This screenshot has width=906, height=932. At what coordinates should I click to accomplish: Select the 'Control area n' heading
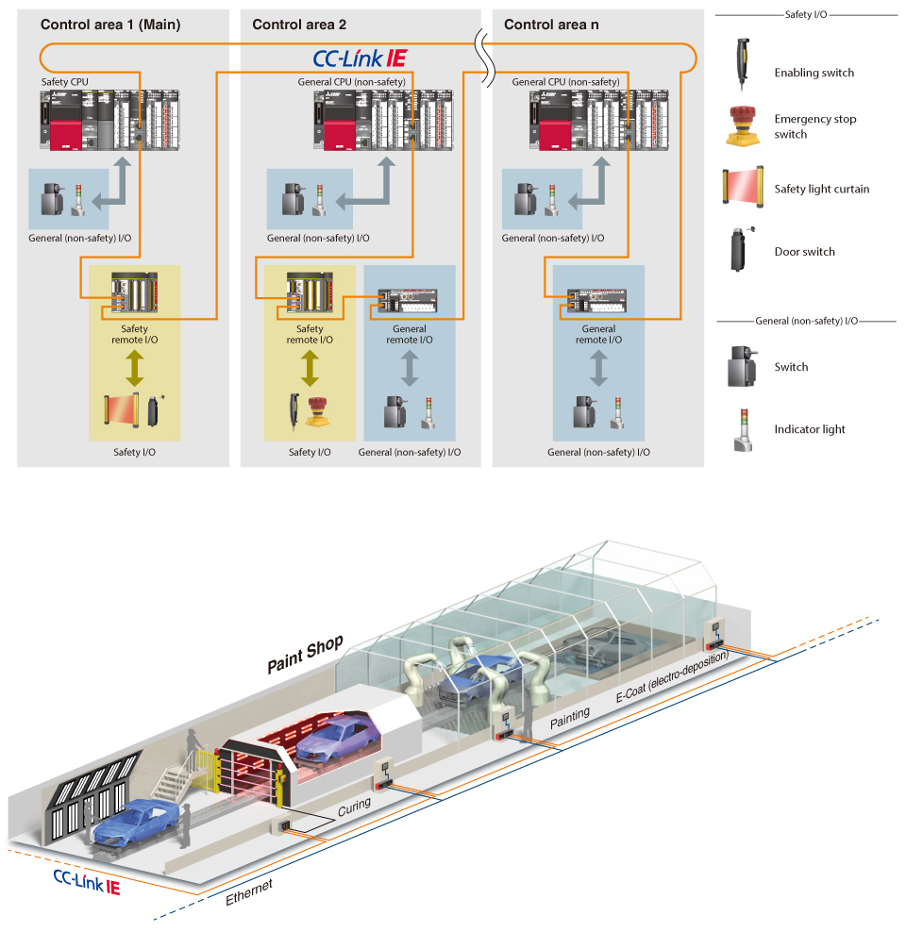tap(551, 25)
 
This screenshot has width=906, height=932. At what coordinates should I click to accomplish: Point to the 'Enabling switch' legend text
tap(814, 73)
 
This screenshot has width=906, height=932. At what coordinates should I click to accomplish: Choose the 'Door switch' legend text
tap(804, 252)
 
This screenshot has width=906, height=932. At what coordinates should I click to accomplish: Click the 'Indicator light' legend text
tap(810, 429)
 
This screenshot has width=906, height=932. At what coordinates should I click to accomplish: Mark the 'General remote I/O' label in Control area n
tap(598, 335)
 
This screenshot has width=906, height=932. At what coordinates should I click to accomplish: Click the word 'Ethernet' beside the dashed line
tap(249, 892)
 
